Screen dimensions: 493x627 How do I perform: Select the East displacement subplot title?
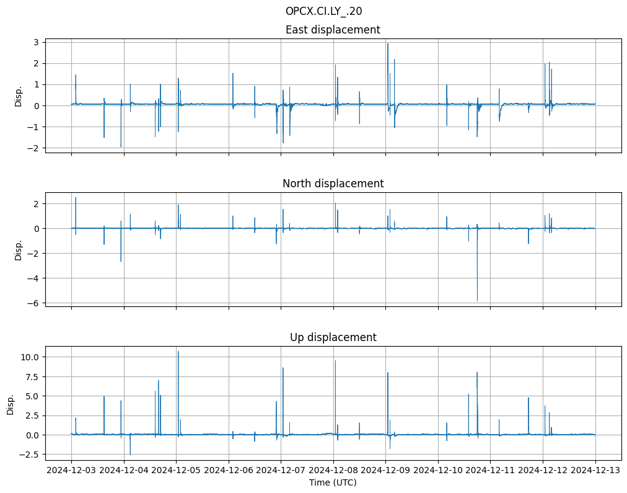click(333, 30)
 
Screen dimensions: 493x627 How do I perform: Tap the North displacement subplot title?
click(333, 184)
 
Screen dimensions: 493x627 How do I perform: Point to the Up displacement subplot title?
click(333, 337)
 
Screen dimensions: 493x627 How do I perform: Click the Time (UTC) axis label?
click(333, 482)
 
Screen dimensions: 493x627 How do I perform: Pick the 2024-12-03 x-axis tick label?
click(71, 470)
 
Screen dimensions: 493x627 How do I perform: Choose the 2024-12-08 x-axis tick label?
click(333, 470)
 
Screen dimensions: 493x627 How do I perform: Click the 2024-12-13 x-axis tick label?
click(595, 470)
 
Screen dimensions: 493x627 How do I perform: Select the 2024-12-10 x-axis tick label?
click(438, 470)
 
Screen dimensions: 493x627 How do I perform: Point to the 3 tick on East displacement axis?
click(37, 42)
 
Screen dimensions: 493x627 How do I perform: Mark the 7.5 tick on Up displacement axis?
click(33, 376)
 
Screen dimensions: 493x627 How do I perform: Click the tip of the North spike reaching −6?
click(477, 301)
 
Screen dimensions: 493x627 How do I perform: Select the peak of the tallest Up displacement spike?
click(178, 352)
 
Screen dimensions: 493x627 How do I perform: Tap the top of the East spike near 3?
click(388, 43)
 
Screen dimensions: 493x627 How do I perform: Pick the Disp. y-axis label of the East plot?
click(19, 95)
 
